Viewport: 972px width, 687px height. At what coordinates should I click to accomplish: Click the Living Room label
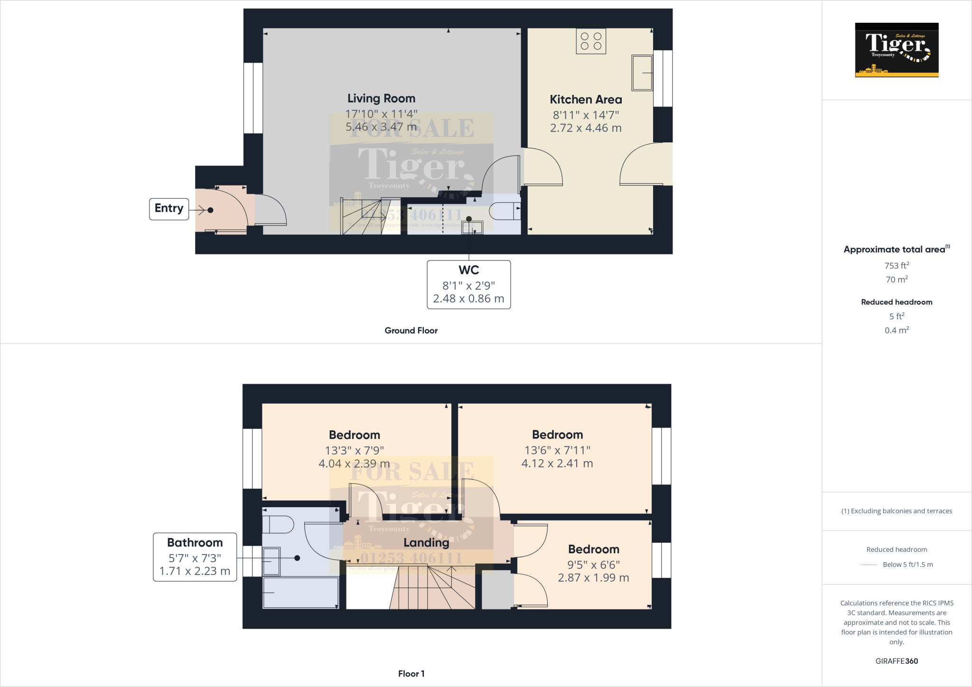(x=381, y=99)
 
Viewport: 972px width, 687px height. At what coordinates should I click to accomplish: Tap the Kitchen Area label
(x=586, y=100)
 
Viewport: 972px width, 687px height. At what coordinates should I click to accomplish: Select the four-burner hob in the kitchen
(x=591, y=41)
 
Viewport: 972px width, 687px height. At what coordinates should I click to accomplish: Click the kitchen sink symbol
(x=642, y=73)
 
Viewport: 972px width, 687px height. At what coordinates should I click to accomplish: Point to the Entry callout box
(x=169, y=209)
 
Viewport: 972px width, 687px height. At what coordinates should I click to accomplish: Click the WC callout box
(x=468, y=284)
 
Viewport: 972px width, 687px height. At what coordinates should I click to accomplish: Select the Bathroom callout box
(x=195, y=557)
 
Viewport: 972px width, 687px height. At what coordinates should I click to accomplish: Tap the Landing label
(x=426, y=543)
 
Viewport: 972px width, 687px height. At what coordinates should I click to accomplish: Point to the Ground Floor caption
(x=411, y=331)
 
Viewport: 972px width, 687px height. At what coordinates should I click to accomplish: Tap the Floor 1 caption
(x=411, y=674)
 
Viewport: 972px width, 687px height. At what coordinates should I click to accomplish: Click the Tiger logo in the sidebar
(x=897, y=50)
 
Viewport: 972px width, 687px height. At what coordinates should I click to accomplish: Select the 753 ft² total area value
(x=897, y=266)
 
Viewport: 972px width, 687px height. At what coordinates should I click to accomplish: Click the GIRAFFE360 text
(x=897, y=661)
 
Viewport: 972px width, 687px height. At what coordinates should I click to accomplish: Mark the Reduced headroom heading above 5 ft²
(x=897, y=302)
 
